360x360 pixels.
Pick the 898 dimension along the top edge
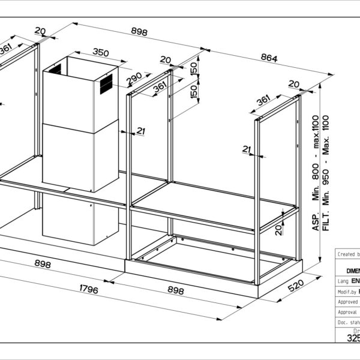tap(139, 32)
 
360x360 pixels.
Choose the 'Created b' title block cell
tap(347, 254)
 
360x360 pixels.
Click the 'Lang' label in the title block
tap(343, 280)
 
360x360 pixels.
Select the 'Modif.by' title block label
tap(346, 291)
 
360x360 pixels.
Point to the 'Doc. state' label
tap(347, 323)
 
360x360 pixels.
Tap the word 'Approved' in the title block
tap(347, 302)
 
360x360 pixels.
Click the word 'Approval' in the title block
tap(347, 312)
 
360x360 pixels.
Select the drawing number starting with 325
tap(353, 338)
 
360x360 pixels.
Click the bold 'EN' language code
tap(355, 280)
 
